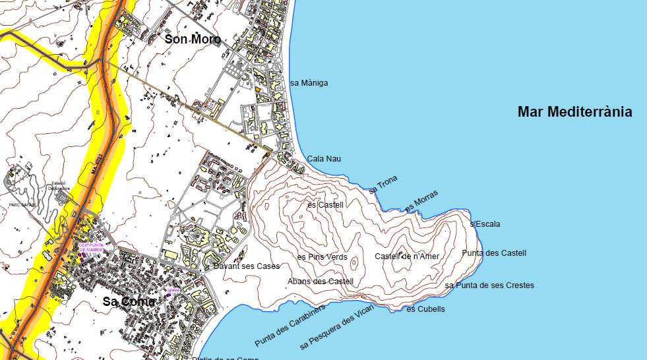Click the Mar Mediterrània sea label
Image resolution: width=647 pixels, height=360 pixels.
(x=574, y=112)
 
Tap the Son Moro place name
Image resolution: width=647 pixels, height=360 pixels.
(x=193, y=40)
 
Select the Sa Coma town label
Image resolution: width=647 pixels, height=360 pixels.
(x=129, y=301)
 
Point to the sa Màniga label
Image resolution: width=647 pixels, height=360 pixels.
(x=309, y=83)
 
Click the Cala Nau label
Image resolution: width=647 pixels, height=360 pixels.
(x=324, y=159)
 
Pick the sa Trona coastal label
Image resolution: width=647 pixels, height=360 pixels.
(x=383, y=186)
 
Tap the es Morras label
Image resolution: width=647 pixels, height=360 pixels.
(x=421, y=201)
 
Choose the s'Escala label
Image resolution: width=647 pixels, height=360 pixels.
(x=485, y=224)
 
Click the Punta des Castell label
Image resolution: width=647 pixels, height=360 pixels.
(x=494, y=253)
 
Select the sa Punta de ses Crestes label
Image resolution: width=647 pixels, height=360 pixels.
(x=489, y=285)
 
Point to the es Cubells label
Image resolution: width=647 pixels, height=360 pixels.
(x=425, y=309)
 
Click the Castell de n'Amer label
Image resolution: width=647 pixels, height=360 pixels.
(x=407, y=256)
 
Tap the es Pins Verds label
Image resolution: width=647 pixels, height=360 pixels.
(x=322, y=257)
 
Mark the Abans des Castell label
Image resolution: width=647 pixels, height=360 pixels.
(x=321, y=282)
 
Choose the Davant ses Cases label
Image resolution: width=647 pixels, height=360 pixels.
(x=247, y=266)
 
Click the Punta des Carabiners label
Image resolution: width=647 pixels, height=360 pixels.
(x=290, y=326)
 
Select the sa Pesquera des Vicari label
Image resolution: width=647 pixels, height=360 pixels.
(x=336, y=328)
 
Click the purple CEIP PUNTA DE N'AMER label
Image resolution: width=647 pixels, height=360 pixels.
(x=91, y=247)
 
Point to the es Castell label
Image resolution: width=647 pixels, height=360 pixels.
(x=326, y=205)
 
